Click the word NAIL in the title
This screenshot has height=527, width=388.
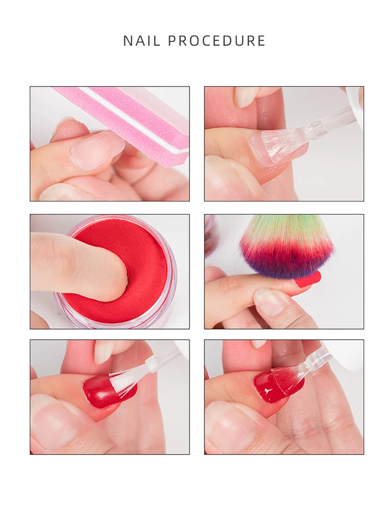coord(142,41)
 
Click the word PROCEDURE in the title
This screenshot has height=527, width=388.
coord(217,41)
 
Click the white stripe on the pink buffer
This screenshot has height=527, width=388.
coord(134,120)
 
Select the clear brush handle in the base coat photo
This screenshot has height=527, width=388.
coord(329,120)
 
